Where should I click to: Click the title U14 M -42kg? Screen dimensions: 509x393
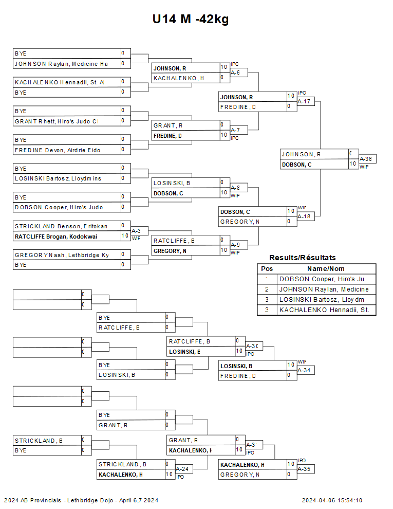tap(190, 20)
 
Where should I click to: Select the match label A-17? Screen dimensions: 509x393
tap(306, 101)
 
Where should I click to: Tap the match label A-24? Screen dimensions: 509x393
tap(182, 469)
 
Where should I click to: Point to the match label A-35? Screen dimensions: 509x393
tap(305, 469)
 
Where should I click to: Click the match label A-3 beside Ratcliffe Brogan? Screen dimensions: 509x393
tap(136, 231)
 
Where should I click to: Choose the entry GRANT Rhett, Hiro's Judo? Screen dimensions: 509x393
tap(56, 121)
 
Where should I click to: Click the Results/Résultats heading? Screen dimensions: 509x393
tap(303, 258)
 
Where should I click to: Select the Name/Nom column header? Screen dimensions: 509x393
tap(326, 268)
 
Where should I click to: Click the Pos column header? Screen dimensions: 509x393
tap(267, 268)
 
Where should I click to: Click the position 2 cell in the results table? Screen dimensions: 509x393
tap(267, 289)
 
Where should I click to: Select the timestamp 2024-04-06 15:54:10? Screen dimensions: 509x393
tap(332, 500)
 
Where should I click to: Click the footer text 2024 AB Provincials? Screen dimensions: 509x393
tap(33, 500)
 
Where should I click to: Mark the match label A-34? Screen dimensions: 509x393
tap(305, 370)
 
